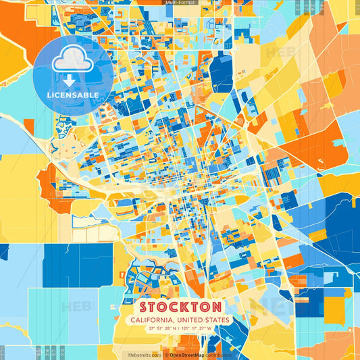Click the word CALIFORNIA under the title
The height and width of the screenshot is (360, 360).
(x=152, y=320)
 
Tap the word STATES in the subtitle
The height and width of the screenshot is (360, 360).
(x=216, y=320)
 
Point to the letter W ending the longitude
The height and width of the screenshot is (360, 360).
(x=209, y=329)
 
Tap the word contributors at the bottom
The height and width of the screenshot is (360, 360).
(x=219, y=355)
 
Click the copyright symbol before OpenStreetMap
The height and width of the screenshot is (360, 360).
(x=166, y=355)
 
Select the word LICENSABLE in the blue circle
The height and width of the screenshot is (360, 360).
(x=73, y=95)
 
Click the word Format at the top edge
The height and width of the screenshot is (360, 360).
(x=186, y=3)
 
